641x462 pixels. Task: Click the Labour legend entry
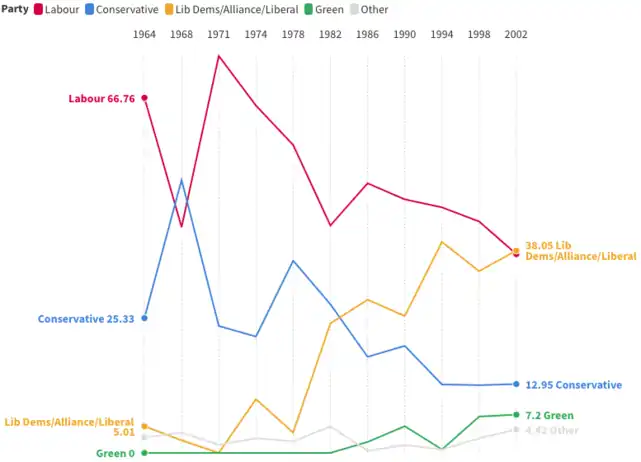[56, 10]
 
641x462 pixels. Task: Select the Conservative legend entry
[121, 10]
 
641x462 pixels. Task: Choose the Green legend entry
[323, 10]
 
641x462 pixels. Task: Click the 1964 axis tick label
[145, 34]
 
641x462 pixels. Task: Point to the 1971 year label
[218, 34]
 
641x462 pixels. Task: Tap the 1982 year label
[330, 34]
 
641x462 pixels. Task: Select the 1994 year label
[441, 34]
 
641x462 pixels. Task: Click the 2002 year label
[515, 34]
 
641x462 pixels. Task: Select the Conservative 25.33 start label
[86, 319]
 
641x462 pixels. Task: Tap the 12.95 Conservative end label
[574, 385]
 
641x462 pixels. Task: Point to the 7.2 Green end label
[549, 415]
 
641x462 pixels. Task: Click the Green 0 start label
[115, 453]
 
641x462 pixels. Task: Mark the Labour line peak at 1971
[218, 55]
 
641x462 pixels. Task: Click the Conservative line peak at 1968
[181, 181]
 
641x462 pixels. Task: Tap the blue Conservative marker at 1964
[145, 318]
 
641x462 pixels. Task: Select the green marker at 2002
[515, 414]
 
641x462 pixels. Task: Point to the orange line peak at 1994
[441, 242]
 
